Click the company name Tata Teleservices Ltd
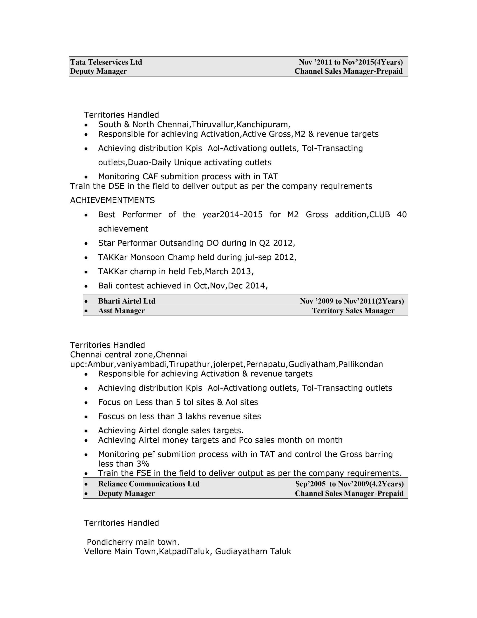[x=106, y=62]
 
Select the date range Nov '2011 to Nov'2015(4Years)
[x=351, y=62]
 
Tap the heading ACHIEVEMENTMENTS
[x=112, y=200]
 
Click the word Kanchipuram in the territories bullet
[x=262, y=125]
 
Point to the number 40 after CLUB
[x=402, y=214]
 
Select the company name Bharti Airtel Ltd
[x=127, y=301]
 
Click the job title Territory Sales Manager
[x=353, y=311]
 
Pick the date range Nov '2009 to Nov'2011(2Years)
[x=352, y=301]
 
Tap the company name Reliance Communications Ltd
[x=149, y=484]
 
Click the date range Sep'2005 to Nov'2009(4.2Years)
[x=349, y=484]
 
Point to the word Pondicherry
[x=110, y=542]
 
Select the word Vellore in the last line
[x=98, y=552]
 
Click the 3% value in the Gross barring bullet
[x=143, y=464]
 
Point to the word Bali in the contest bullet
[x=105, y=286]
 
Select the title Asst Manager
[x=121, y=311]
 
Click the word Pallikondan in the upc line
[x=361, y=364]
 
